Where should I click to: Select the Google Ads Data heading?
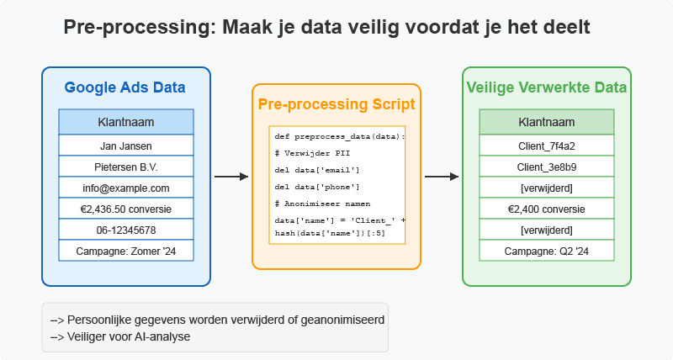click(125, 87)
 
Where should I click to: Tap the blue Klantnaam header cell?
click(125, 122)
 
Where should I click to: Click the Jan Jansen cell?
click(125, 145)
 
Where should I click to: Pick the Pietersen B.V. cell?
click(125, 167)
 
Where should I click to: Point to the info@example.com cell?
click(125, 188)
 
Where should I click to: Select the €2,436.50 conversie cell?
click(125, 209)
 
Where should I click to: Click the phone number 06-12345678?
click(125, 230)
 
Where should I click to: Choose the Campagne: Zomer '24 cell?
click(125, 251)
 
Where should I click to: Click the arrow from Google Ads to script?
click(231, 177)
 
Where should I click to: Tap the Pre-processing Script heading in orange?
click(336, 104)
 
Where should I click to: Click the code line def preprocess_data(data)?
click(340, 136)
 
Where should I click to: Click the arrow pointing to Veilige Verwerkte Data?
click(441, 177)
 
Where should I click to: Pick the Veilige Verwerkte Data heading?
click(546, 87)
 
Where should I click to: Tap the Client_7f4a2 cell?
click(546, 145)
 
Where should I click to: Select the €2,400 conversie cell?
click(546, 209)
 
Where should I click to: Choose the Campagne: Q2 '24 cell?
click(546, 251)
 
